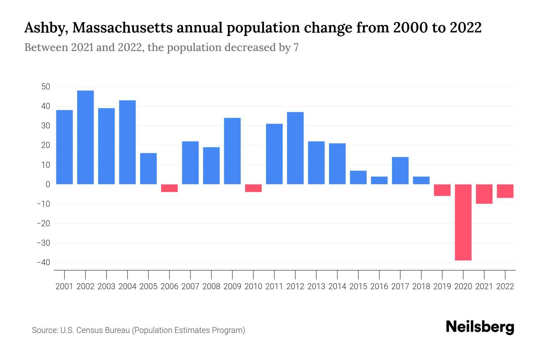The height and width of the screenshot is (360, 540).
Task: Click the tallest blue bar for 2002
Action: (x=85, y=137)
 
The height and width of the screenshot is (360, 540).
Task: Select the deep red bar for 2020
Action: (x=463, y=222)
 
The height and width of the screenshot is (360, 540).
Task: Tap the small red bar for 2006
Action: (x=169, y=188)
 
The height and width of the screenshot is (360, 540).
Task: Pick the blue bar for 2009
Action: (x=232, y=151)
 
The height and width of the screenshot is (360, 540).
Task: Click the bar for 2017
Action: (x=400, y=171)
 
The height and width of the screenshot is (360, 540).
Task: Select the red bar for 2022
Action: (x=505, y=191)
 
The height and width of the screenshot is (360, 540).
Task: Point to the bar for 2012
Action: (x=295, y=148)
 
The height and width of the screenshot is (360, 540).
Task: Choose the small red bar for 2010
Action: (x=253, y=188)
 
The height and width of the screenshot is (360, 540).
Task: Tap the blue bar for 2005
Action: (x=148, y=169)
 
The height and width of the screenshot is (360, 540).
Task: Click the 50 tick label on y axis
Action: (x=46, y=87)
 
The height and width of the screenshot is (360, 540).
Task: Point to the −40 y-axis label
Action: (x=43, y=262)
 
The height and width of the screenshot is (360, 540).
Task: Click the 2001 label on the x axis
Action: (x=64, y=286)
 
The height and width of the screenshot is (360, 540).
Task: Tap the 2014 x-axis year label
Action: (x=337, y=286)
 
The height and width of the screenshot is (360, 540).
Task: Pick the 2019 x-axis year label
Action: (x=442, y=286)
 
